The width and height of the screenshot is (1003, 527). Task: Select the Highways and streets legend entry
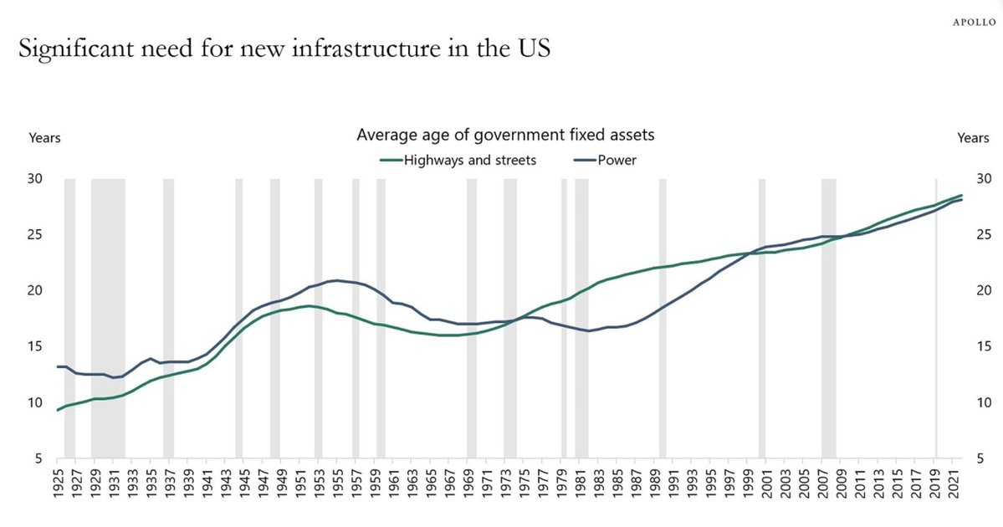click(468, 160)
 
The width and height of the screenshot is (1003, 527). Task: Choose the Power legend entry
click(617, 160)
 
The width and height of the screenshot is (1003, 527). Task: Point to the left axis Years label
click(45, 138)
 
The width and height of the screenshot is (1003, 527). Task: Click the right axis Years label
click(974, 138)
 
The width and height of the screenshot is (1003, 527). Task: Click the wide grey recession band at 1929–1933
click(108, 318)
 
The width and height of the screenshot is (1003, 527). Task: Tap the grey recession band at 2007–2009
click(828, 318)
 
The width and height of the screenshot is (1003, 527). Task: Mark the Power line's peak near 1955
click(336, 280)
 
